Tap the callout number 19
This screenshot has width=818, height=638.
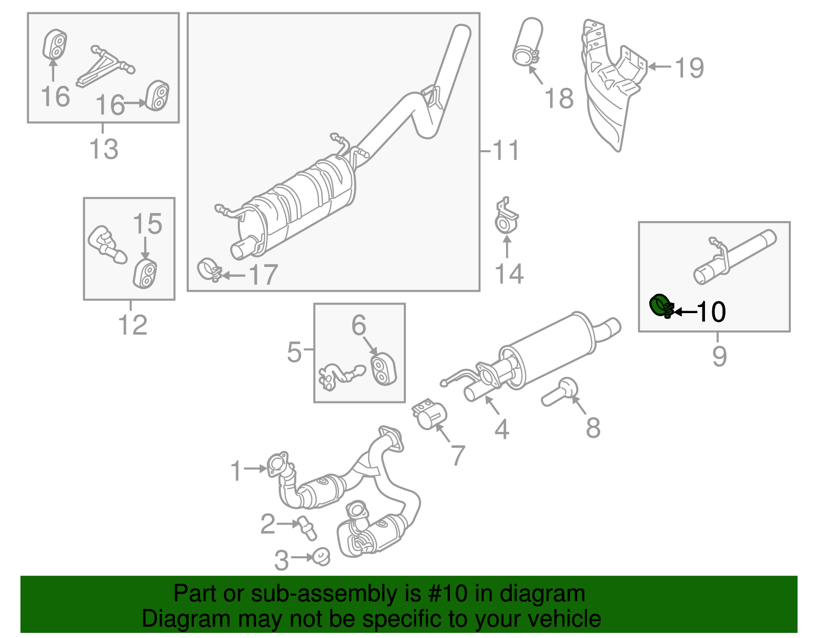(x=689, y=68)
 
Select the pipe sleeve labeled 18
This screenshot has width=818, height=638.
(x=527, y=43)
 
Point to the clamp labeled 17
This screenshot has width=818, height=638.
(x=209, y=269)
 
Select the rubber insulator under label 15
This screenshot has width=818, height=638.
(x=145, y=274)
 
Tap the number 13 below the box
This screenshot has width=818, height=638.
(x=104, y=149)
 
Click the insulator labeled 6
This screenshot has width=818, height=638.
(x=382, y=369)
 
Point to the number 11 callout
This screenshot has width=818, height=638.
(x=506, y=151)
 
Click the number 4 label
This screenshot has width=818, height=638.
(x=502, y=429)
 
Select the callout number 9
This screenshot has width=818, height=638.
(x=719, y=356)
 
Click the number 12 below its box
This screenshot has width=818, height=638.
(x=133, y=325)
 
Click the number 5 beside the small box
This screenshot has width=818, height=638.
(x=294, y=351)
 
